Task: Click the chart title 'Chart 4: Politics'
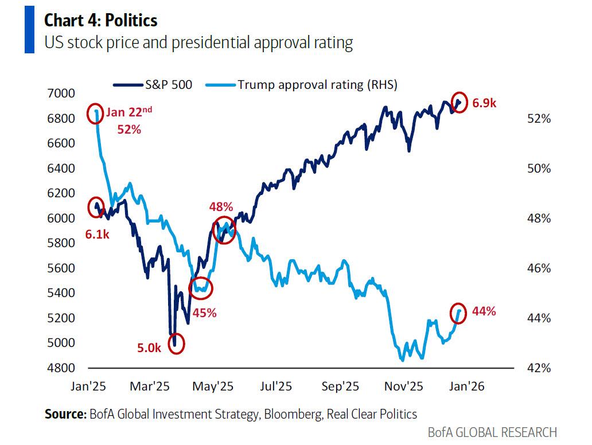pos(100,21)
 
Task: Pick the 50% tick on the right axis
pos(539,169)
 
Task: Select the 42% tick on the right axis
pos(539,368)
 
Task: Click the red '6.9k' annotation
pos(484,103)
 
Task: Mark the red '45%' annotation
pos(205,313)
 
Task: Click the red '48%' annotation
pos(221,206)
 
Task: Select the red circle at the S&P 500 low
pos(177,343)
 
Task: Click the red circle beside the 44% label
pos(459,313)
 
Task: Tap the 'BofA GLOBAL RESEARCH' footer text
pos(492,432)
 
